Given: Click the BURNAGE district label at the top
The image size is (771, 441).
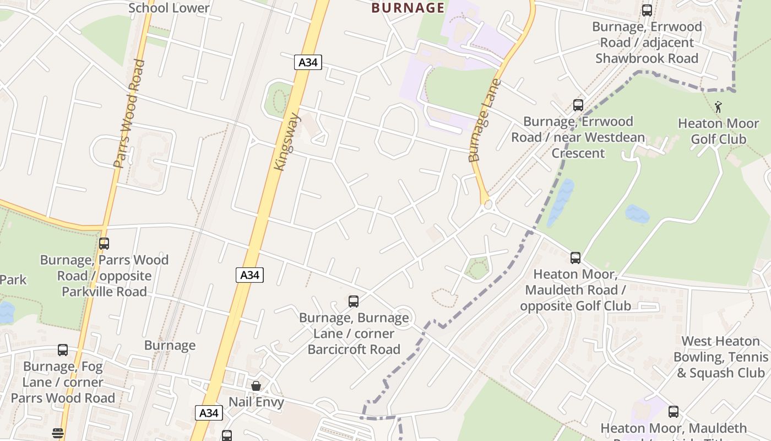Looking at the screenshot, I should point(408,8).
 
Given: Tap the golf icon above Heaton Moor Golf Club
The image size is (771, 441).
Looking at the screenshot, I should point(718,107).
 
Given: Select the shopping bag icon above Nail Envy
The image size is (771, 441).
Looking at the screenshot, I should point(256,386).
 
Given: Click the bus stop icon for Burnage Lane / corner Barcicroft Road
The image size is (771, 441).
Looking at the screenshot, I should point(354,302).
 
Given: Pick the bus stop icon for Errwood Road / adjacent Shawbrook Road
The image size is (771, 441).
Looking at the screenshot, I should point(647,10).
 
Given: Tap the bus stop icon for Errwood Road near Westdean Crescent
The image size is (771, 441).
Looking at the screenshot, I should point(578,105).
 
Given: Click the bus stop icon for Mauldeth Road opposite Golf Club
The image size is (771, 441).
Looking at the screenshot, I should point(575,257).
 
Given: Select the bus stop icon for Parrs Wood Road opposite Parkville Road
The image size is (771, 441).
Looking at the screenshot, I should point(104,243).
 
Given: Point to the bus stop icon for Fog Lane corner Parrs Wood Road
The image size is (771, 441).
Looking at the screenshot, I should point(63,350).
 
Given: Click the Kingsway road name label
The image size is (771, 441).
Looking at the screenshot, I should point(287,142).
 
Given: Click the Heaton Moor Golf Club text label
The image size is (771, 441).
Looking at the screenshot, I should point(718,131).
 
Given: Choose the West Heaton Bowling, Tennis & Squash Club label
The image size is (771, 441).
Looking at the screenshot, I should point(720,357).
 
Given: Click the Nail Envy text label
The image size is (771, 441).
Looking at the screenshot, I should point(256,402).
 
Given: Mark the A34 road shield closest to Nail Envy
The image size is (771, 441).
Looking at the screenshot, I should point(209,412).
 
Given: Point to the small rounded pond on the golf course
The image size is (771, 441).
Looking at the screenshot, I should point(637,214).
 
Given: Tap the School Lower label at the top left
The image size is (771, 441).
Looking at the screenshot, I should point(169,8).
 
